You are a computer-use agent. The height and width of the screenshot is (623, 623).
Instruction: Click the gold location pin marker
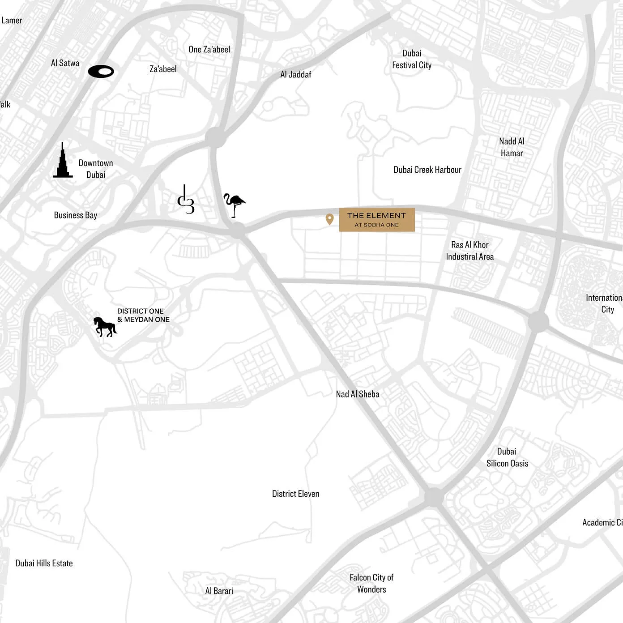[329, 219]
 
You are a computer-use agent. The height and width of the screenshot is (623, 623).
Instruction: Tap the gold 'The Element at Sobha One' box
[376, 220]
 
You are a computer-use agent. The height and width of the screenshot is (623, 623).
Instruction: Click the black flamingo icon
[235, 205]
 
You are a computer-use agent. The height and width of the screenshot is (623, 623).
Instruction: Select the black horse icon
[105, 326]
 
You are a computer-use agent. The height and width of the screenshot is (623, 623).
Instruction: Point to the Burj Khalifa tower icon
[63, 162]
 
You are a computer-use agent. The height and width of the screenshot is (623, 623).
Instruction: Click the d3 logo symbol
[186, 200]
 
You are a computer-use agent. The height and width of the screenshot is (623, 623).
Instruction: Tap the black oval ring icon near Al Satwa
[101, 72]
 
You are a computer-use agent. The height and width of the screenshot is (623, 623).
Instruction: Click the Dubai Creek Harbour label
[427, 170]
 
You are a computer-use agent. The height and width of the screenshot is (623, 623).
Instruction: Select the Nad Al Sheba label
[357, 394]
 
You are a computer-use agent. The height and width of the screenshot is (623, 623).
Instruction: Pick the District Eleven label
[295, 494]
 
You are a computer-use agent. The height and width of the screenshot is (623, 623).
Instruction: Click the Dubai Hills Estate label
[44, 563]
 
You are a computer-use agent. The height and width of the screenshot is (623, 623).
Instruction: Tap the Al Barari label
[219, 591]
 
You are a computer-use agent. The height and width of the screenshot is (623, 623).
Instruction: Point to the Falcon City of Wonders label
[371, 583]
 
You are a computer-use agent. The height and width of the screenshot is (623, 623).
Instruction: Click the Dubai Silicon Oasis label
[507, 457]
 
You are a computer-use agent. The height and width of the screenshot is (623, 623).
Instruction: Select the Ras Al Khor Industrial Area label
[469, 251]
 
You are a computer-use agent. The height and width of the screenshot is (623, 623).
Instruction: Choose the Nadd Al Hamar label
[512, 147]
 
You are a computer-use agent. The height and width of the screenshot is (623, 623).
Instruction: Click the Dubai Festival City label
[412, 59]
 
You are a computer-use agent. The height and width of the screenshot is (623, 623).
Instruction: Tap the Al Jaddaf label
[295, 74]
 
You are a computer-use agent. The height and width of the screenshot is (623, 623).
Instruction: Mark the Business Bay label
[75, 215]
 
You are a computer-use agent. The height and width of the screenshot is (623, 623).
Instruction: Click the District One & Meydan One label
[143, 315]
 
